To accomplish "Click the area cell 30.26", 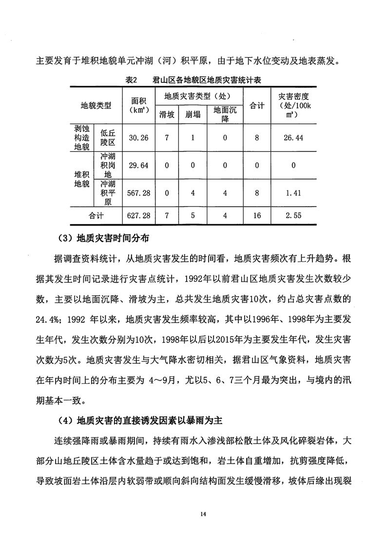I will point(138,138).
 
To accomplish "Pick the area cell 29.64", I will point(138,165).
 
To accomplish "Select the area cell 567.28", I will point(138,193).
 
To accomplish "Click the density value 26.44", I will point(293,138).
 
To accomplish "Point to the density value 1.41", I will point(293,193).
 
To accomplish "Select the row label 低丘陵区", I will point(108,138).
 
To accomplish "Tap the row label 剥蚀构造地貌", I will point(81,138).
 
